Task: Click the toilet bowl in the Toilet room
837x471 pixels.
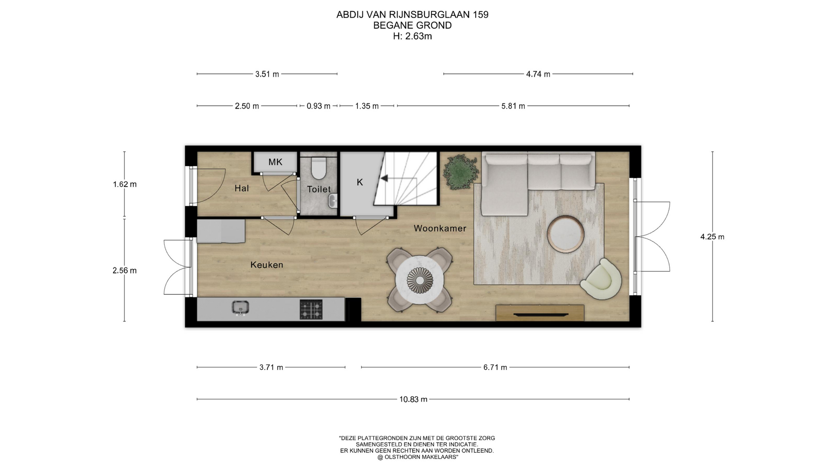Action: [319, 168]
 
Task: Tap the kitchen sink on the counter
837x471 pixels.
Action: [240, 307]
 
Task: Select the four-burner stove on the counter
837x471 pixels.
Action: [311, 309]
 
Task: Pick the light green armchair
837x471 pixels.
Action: [601, 280]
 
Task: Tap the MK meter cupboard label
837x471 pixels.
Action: [275, 162]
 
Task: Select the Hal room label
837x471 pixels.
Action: [242, 188]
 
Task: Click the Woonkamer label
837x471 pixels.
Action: [440, 228]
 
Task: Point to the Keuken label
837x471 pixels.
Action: [267, 265]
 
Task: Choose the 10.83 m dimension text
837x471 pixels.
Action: [413, 399]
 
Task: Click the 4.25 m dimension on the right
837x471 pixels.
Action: [712, 237]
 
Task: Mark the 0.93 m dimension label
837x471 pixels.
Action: [319, 106]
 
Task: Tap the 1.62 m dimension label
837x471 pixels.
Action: [125, 184]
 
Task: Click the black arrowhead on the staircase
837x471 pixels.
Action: [384, 178]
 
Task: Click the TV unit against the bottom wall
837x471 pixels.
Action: [540, 313]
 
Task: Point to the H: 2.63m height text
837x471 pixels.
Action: [412, 36]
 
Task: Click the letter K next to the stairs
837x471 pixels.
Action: [360, 182]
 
